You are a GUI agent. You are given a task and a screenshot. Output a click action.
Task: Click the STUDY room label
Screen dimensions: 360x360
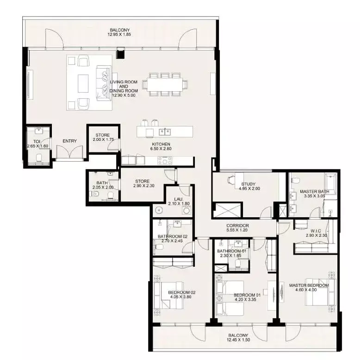pos(248,184)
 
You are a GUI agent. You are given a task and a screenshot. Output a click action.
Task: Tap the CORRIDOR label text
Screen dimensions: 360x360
pos(237,226)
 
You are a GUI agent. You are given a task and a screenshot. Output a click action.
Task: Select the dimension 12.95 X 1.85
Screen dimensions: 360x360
pos(119,34)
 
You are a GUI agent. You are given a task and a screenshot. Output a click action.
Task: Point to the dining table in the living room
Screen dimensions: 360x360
pos(165,84)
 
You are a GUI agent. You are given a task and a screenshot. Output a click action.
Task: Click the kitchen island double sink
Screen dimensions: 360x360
pos(165,132)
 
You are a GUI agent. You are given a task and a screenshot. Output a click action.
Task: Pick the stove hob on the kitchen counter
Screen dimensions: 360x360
pos(165,160)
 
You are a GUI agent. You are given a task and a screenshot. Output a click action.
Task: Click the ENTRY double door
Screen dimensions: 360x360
pos(69,152)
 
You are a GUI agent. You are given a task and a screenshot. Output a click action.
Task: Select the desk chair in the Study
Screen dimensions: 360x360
pos(231,180)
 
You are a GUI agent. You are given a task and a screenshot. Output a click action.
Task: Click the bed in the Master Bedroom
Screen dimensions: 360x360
pos(320,292)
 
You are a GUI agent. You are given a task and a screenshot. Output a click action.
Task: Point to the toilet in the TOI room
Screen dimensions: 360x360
pos(39,158)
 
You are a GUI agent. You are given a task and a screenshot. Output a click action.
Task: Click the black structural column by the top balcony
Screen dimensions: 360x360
pos(120,54)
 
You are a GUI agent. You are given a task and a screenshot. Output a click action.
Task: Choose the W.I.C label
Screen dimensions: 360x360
pos(316,231)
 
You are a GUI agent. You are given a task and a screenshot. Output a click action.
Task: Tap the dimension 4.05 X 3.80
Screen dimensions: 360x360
pos(180,297)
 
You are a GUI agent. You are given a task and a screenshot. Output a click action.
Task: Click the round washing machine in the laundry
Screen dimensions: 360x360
pos(186,210)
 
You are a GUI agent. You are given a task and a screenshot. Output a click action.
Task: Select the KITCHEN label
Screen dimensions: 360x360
pos(161,144)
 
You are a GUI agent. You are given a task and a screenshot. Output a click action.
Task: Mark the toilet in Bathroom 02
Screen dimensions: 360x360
pos(158,247)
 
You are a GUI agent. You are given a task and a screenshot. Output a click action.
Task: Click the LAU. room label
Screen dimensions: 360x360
pos(179,199)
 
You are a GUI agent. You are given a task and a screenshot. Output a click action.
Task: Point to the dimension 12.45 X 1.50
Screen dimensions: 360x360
pos(238,340)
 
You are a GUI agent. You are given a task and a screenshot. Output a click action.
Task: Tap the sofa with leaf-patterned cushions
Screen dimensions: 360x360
pos(103,83)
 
